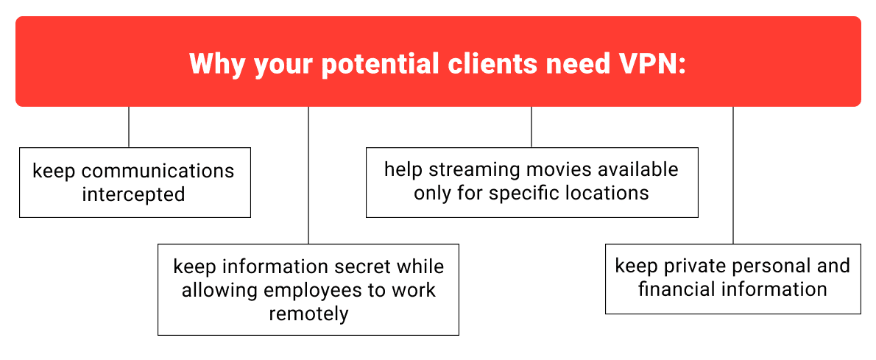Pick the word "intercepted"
coord(133,194)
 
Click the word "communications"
coord(157,172)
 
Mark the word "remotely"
coord(308,314)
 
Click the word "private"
coord(693,266)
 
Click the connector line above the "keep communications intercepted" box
coord(129,127)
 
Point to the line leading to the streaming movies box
coord(531,127)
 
